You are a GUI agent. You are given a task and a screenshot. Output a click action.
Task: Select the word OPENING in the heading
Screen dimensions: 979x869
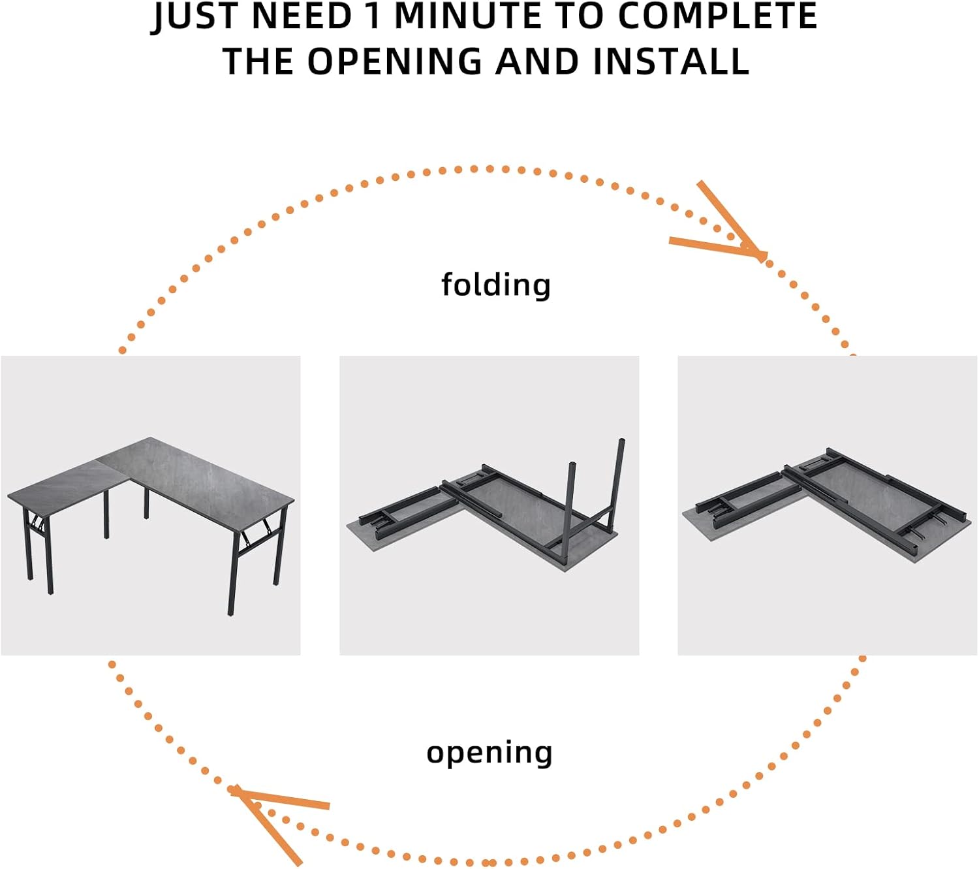pyautogui.click(x=395, y=61)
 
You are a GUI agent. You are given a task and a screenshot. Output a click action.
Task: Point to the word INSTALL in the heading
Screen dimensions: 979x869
pyautogui.click(x=671, y=61)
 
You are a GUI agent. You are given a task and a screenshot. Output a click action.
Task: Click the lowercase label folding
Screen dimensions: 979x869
pyautogui.click(x=496, y=285)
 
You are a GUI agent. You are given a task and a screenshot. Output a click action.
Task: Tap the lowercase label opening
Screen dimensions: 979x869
pyautogui.click(x=489, y=753)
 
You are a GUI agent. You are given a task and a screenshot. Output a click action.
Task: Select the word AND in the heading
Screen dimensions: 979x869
pyautogui.click(x=537, y=61)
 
